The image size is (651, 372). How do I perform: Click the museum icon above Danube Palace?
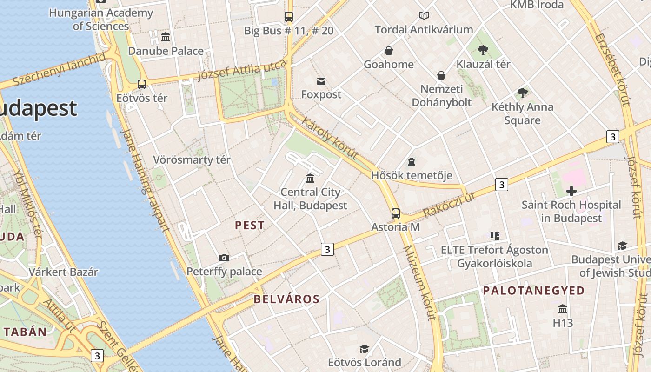click(165, 37)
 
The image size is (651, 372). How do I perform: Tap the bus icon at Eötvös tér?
click(142, 84)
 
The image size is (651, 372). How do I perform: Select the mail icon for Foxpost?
click(321, 81)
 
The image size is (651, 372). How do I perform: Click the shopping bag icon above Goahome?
click(389, 50)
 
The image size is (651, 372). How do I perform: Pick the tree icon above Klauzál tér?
click(483, 50)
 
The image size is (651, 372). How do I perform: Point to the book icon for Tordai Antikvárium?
click(424, 16)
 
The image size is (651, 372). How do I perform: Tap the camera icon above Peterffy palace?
click(224, 258)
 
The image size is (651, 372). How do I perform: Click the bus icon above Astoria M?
click(395, 213)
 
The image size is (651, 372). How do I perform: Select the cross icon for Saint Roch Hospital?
click(571, 191)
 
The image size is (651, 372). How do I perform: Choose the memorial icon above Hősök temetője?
click(411, 162)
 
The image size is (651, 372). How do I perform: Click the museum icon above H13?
click(563, 309)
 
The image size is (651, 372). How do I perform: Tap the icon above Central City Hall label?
click(310, 178)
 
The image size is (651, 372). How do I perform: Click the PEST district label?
click(250, 226)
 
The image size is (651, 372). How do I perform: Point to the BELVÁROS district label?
click(287, 299)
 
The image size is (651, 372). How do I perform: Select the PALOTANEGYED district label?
click(534, 291)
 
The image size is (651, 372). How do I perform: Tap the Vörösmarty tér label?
click(192, 160)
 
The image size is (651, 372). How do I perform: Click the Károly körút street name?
click(330, 138)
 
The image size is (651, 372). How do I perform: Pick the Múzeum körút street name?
click(419, 282)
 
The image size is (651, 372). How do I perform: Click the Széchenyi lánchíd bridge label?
click(59, 70)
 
